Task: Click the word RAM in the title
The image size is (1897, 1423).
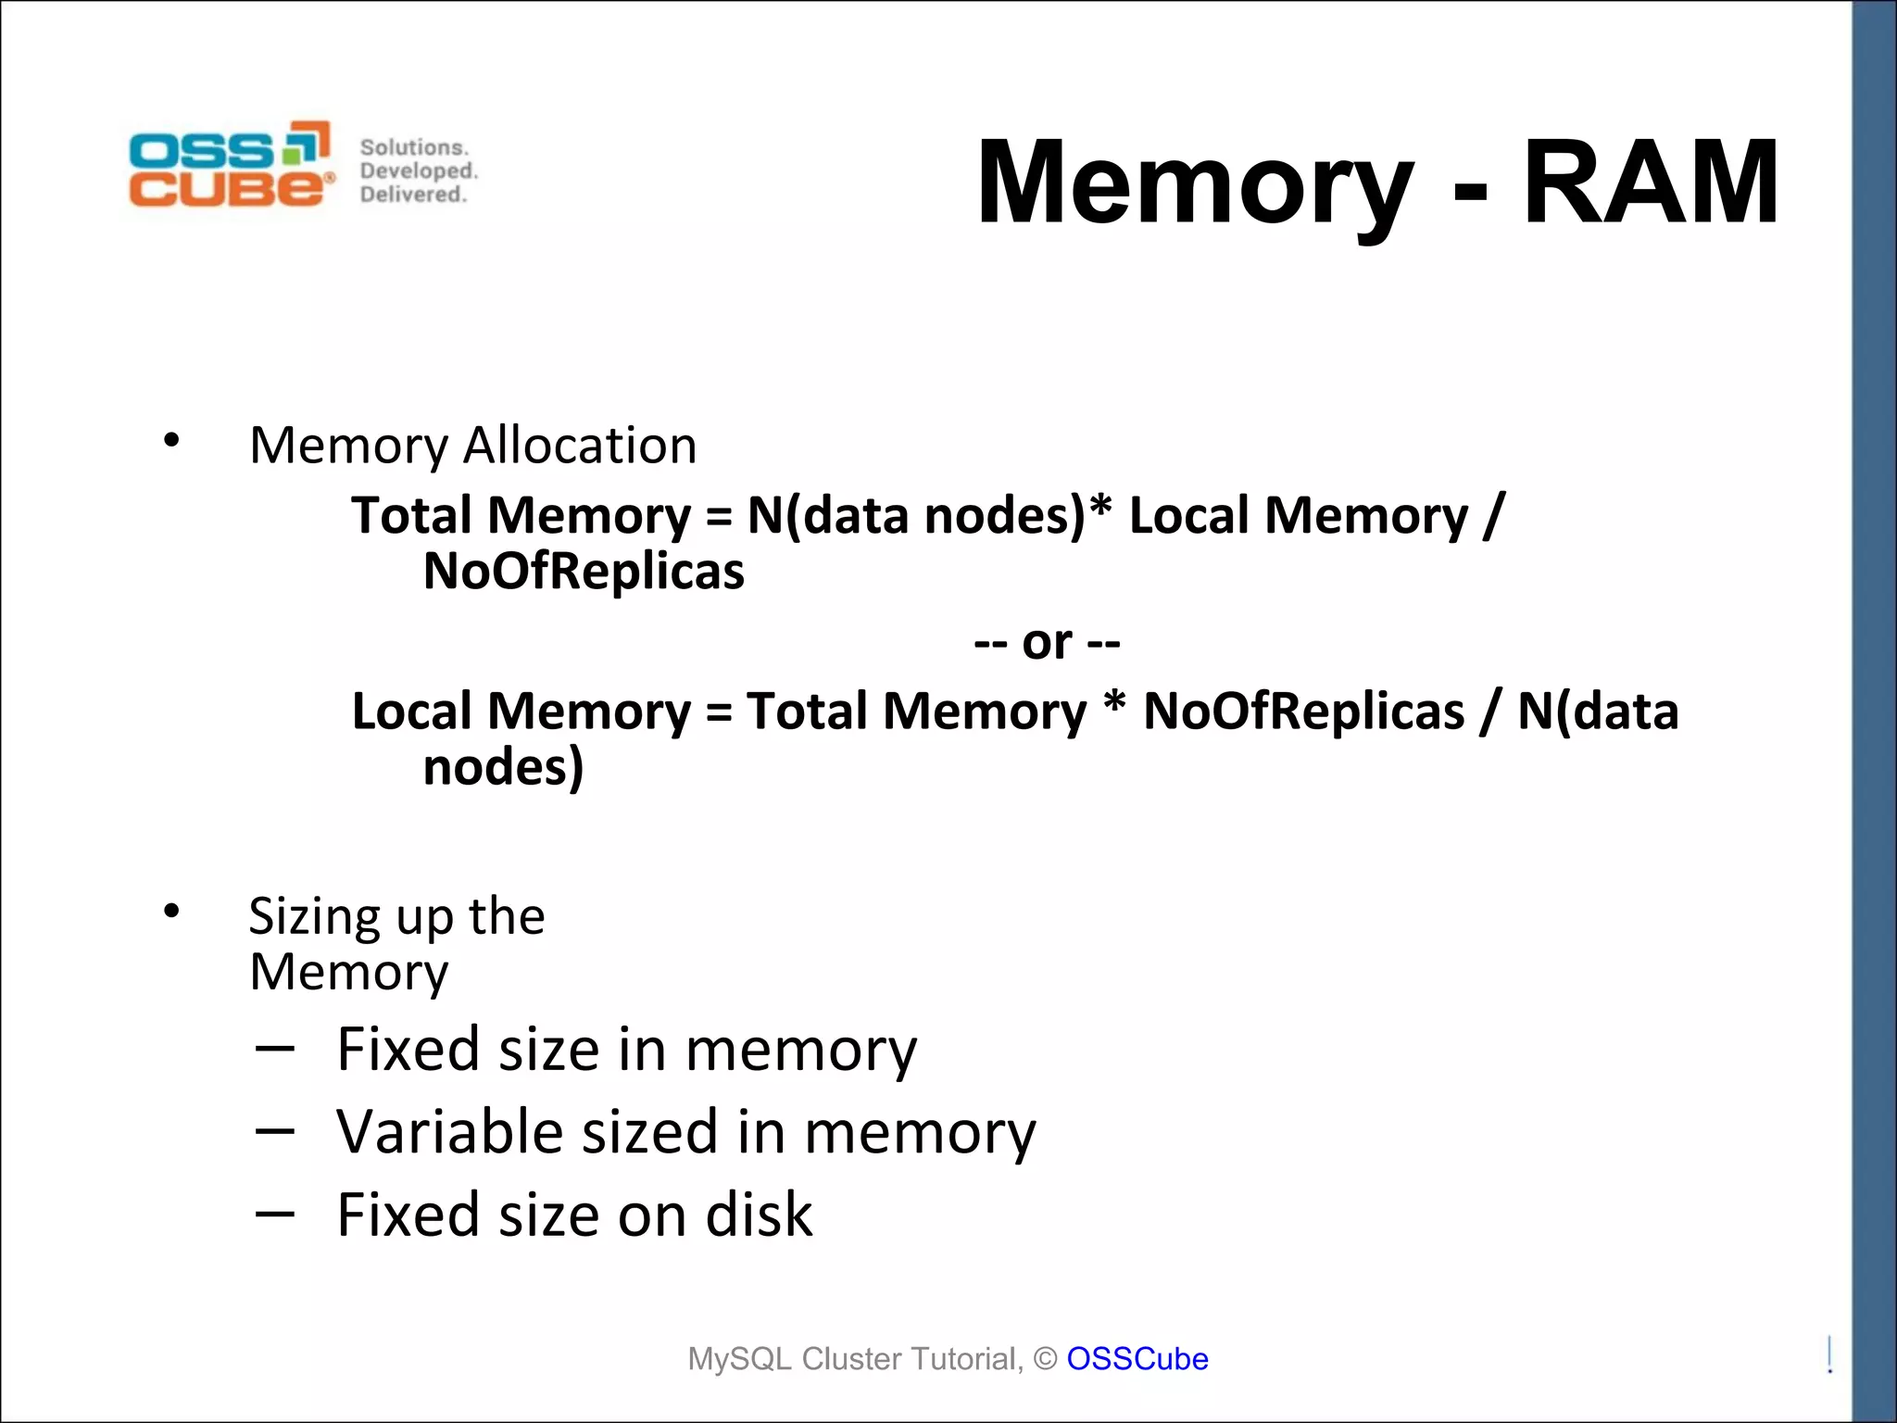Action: [1651, 183]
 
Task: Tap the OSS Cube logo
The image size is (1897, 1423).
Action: [231, 164]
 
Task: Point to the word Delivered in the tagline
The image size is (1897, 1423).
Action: [413, 195]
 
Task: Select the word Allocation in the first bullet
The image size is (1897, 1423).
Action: [580, 446]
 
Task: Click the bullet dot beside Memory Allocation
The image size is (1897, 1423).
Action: [171, 440]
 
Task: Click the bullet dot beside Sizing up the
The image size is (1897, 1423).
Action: [171, 911]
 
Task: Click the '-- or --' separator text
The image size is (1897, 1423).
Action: [1047, 642]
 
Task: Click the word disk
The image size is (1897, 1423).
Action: [759, 1215]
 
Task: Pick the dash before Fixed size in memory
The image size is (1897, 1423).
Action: [274, 1049]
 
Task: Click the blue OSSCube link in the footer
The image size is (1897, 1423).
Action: [1137, 1358]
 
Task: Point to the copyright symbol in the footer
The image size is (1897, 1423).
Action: [1045, 1359]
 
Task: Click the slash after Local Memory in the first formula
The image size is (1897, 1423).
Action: [1493, 516]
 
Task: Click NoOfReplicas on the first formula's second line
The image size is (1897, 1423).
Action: [584, 572]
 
